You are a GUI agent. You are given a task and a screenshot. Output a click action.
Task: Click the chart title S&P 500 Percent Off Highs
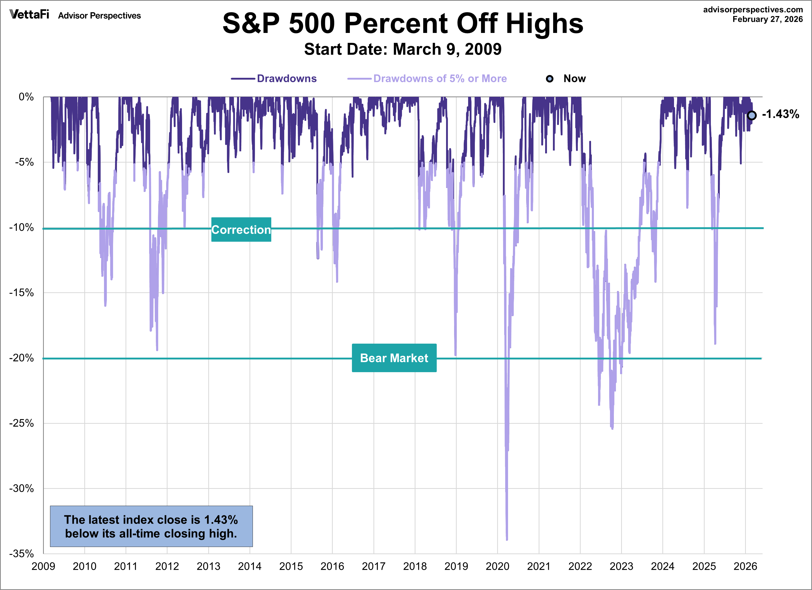point(403,24)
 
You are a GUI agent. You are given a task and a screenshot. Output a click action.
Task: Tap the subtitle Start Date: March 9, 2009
point(403,49)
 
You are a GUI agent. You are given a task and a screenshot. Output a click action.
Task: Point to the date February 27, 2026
point(767,19)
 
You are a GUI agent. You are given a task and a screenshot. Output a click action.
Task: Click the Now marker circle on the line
point(752,115)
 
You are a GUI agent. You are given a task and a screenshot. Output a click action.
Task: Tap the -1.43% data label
point(781,114)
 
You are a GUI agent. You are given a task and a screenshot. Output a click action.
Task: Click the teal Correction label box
point(241,230)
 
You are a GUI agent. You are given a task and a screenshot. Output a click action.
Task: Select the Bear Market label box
point(394,358)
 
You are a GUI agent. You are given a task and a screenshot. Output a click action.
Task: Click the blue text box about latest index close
point(151,526)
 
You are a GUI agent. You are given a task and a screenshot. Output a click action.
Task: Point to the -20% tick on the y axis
point(22,358)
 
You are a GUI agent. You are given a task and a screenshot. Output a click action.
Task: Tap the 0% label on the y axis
point(26,97)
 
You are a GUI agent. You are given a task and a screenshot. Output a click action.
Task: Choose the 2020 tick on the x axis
point(497,566)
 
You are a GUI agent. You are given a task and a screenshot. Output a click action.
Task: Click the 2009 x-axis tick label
point(43,566)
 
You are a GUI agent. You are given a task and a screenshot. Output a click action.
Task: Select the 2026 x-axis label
point(745,566)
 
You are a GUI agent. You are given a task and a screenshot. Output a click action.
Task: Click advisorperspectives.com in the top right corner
point(753,10)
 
